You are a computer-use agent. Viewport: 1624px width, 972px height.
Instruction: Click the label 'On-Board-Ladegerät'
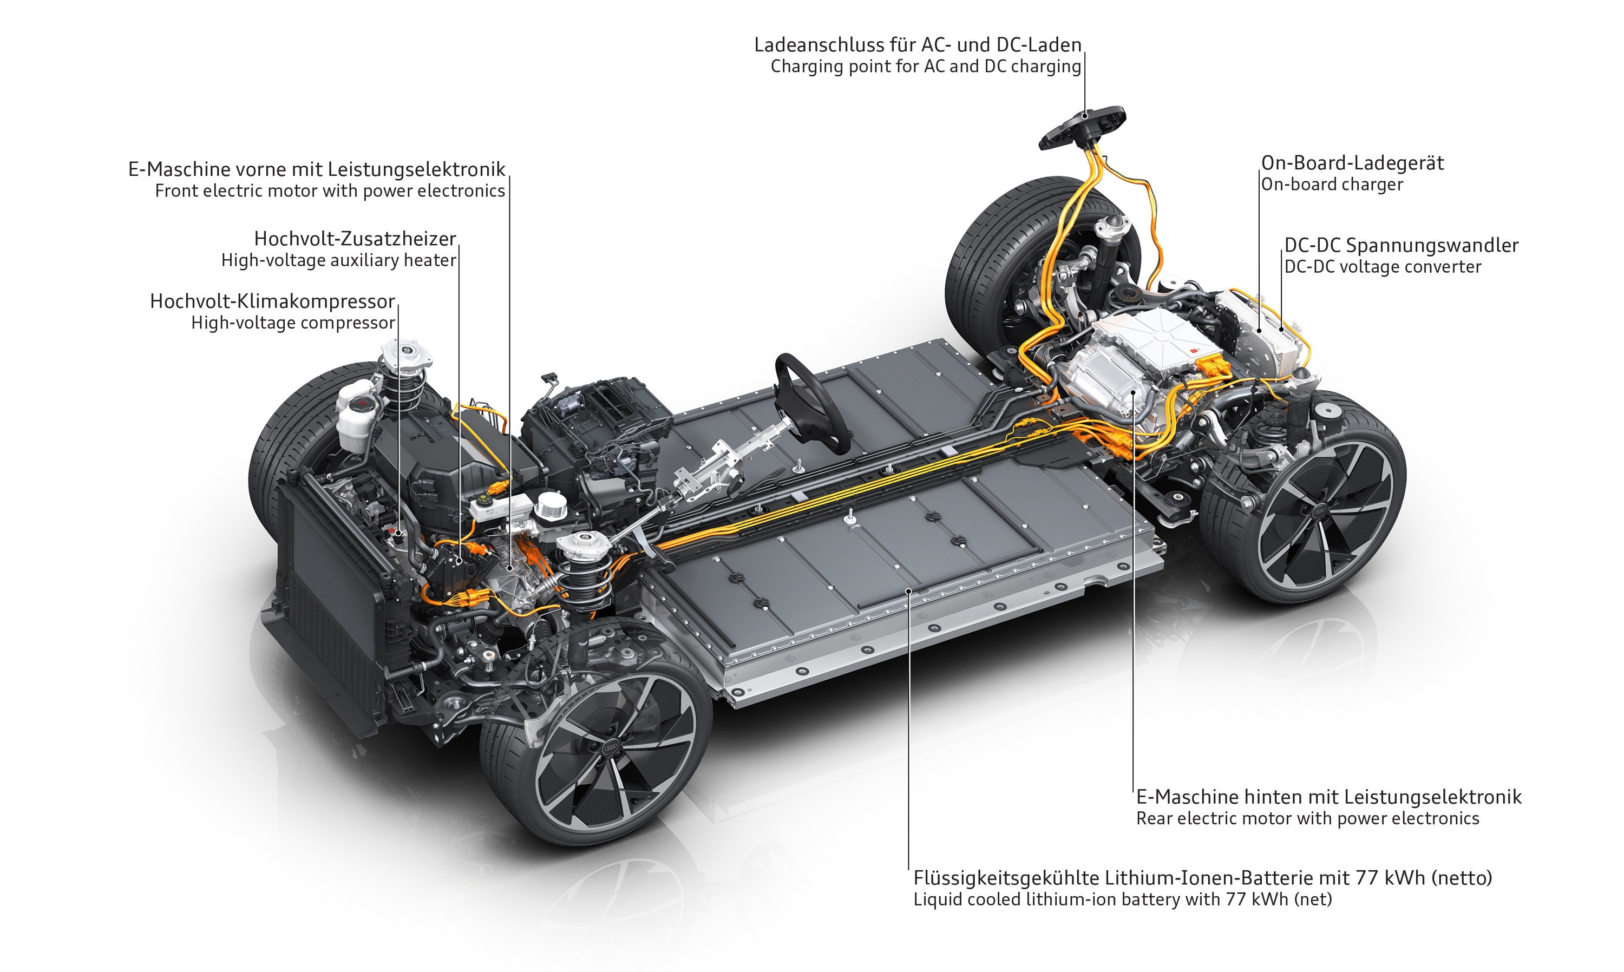click(x=1352, y=163)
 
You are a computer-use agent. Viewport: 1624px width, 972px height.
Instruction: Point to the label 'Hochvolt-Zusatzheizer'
click(x=355, y=239)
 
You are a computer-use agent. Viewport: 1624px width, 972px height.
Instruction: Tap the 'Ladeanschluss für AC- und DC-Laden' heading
click(x=917, y=45)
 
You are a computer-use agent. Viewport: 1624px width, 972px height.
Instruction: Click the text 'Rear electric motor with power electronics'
click(x=1307, y=819)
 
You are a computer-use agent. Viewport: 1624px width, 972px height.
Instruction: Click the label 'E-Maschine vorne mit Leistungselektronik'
click(x=317, y=169)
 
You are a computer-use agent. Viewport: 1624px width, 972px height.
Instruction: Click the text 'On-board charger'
click(x=1332, y=185)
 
